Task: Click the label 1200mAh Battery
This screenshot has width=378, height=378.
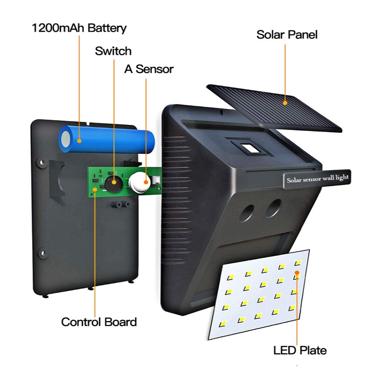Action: tap(79, 28)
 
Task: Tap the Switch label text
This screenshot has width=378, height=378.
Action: tap(113, 51)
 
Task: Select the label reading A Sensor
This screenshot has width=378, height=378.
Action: tap(149, 69)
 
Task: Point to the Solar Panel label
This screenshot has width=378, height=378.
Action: tap(287, 34)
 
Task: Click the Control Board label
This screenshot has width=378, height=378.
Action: tap(99, 322)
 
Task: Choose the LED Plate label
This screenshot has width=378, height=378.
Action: tap(300, 350)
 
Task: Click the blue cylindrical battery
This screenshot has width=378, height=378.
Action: tap(107, 139)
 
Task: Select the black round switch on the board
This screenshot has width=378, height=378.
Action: tap(113, 184)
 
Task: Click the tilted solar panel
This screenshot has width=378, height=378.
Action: tap(275, 108)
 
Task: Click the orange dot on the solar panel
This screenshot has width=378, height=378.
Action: tap(285, 103)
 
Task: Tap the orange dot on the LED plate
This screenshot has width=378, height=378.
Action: tap(297, 273)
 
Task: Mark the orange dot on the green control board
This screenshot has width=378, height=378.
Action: tap(95, 189)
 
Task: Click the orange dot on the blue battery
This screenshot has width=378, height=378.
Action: tap(79, 141)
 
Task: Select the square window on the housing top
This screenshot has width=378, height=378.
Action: tap(250, 148)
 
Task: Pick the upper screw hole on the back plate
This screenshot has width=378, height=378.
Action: tap(42, 162)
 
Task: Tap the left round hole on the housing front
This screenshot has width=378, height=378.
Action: tap(247, 213)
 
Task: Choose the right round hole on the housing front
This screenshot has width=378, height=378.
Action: tap(274, 208)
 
